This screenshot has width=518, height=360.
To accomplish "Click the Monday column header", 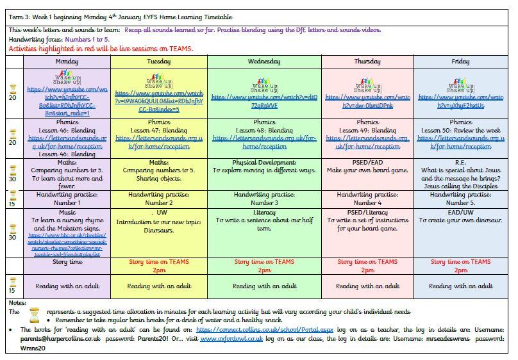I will [67, 61].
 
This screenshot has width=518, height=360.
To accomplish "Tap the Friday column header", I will [460, 61].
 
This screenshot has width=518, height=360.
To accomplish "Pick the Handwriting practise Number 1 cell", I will [67, 199].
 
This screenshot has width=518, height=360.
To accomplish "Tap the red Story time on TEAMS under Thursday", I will [367, 262].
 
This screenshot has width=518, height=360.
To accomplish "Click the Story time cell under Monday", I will [67, 262].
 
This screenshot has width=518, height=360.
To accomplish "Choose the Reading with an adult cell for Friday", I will [460, 286].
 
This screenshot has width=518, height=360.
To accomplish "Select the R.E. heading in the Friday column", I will [460, 163].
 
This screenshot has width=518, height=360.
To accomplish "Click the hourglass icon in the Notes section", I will [35, 314].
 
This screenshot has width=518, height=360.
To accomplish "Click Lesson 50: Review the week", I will [460, 130].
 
